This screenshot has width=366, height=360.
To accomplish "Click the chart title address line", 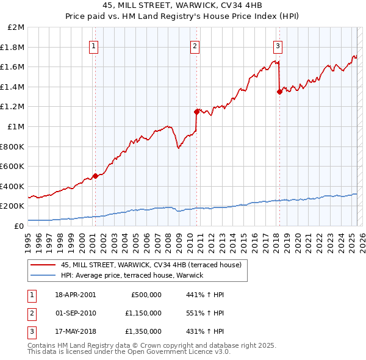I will click(182, 5).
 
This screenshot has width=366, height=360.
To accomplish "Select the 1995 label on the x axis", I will click(28, 239).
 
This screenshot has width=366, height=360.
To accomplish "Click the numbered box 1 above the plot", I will click(95, 45).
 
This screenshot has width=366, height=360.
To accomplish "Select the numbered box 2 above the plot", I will click(195, 45).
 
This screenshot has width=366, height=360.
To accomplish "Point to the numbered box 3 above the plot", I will click(278, 45).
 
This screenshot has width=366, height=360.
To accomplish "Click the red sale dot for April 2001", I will click(95, 176).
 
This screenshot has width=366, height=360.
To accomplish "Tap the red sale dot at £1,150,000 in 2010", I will click(196, 112).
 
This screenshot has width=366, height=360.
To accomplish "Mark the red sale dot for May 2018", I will click(279, 92).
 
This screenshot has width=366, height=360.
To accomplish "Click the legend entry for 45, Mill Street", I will click(151, 265).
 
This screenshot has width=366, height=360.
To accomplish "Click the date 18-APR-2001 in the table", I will click(75, 295).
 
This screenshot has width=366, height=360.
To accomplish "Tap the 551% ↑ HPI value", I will click(206, 313).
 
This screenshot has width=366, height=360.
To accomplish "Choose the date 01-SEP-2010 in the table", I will click(75, 313).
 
